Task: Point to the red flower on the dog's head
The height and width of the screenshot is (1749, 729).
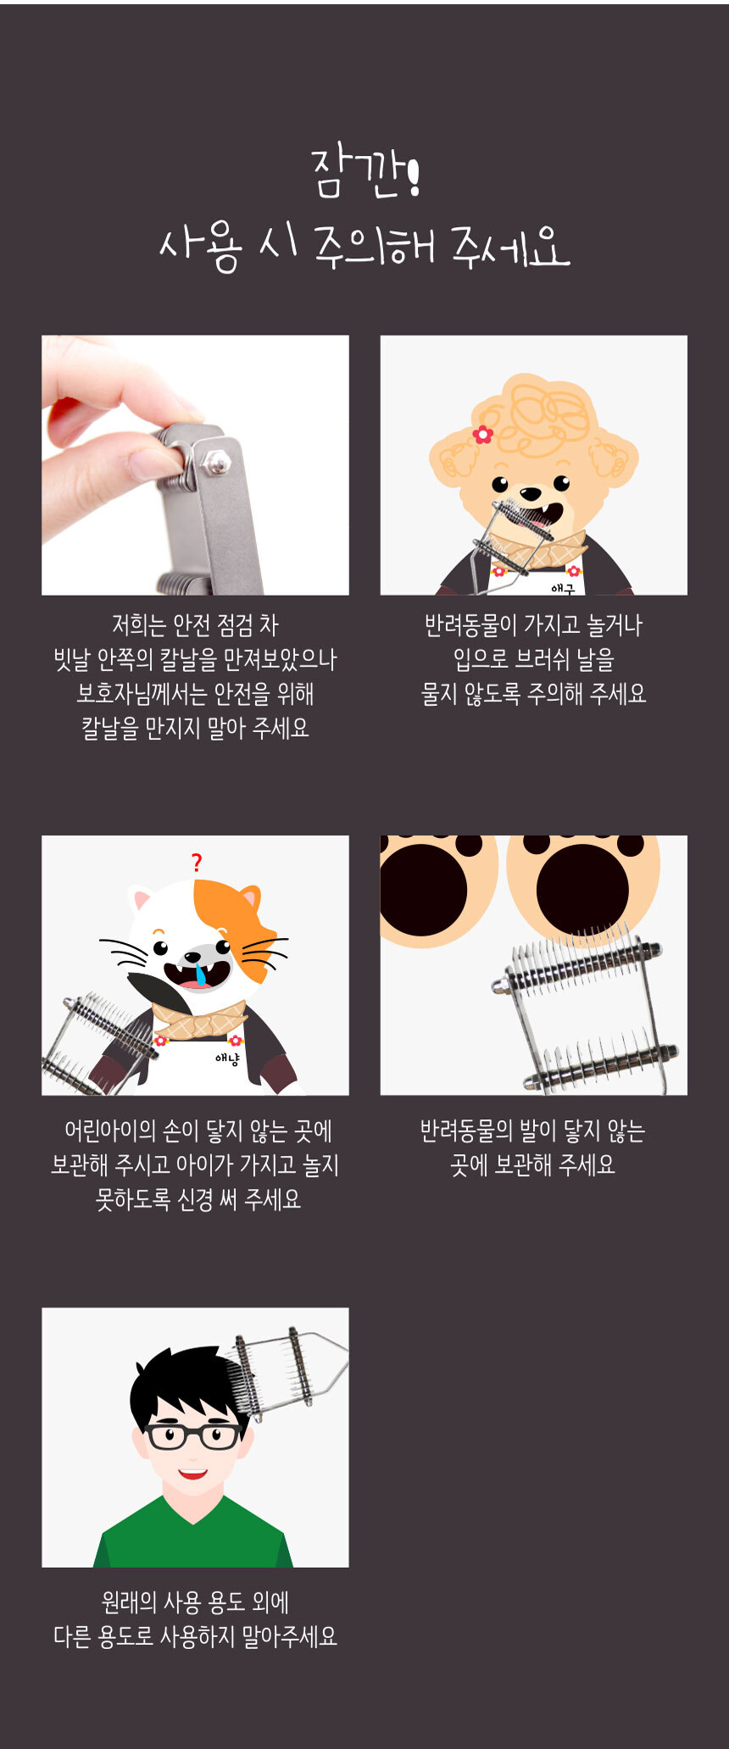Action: [x=483, y=434]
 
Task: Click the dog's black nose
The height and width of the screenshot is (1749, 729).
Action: [x=531, y=492]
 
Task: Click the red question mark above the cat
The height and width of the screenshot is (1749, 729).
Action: [x=197, y=863]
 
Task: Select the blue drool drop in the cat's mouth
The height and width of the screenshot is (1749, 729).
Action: [x=200, y=974]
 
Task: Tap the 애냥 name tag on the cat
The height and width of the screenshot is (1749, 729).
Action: [x=227, y=1058]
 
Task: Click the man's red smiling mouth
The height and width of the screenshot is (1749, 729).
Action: [x=192, y=1474]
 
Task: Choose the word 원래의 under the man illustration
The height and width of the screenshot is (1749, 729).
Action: [x=129, y=1602]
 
